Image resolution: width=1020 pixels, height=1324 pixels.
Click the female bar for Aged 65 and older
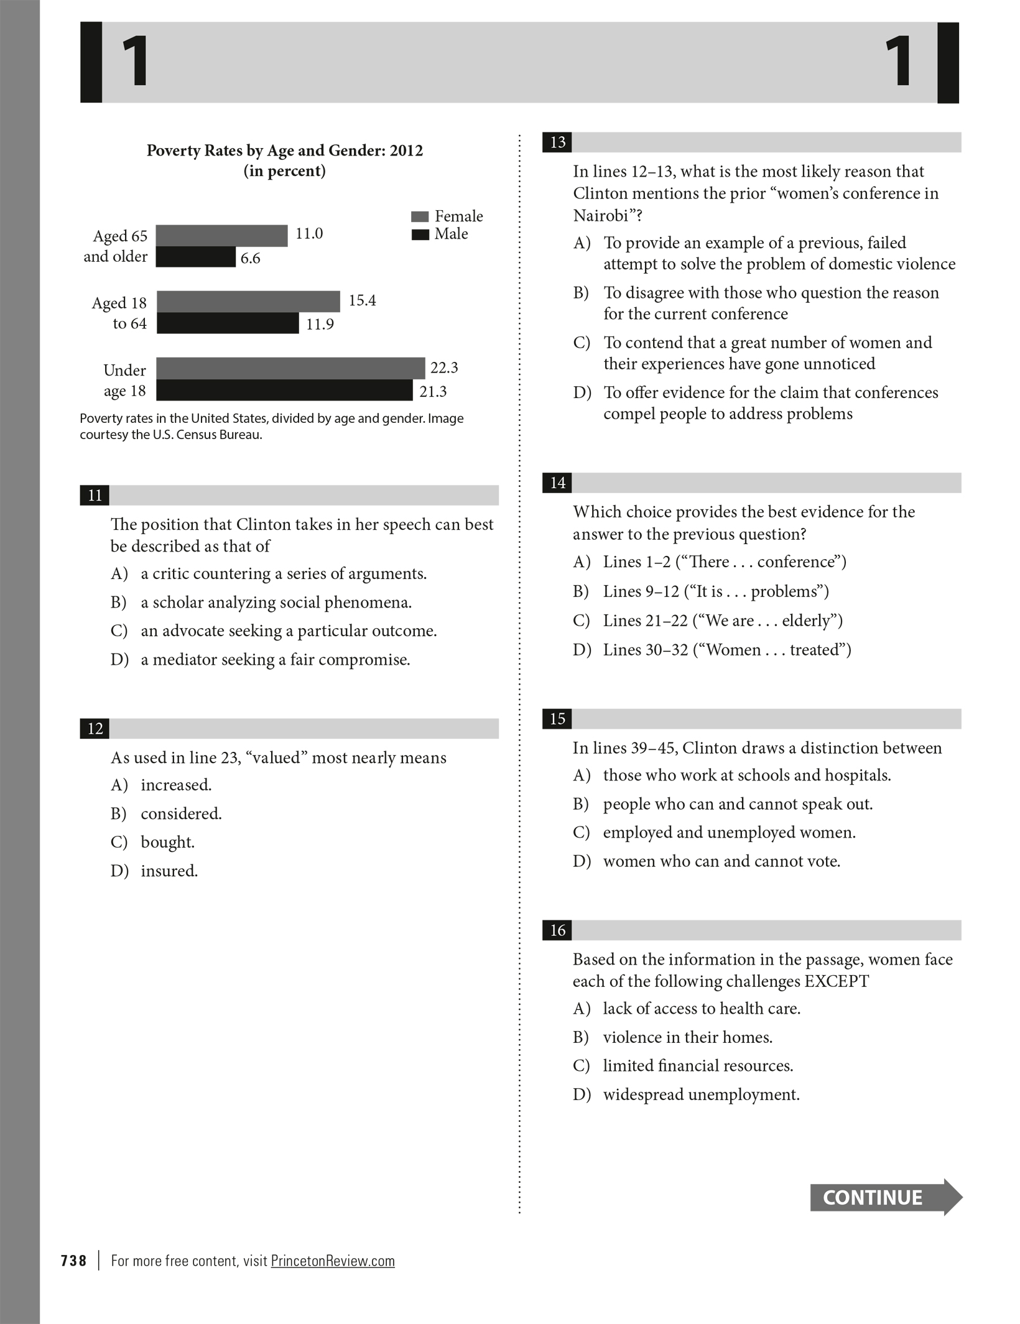221,236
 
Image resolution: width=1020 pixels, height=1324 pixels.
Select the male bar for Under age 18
284,391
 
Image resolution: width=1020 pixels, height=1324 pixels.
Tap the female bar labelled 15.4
248,302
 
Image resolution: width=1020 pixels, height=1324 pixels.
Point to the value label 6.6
250,259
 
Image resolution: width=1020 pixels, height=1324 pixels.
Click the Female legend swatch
420,216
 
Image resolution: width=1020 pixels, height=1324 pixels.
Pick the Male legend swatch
420,234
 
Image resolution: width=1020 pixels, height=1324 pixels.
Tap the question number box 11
95,495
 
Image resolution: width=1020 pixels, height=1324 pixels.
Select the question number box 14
557,483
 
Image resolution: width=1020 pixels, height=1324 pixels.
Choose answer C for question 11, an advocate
289,631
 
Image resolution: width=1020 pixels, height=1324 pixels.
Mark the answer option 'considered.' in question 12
181,813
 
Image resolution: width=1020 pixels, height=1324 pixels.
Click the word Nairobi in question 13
601,215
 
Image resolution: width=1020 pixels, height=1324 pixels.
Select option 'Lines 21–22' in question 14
722,620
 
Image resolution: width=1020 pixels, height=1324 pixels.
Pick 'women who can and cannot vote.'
721,861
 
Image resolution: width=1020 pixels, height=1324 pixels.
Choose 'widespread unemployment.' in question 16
701,1094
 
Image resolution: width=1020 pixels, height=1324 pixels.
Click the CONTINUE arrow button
885,1197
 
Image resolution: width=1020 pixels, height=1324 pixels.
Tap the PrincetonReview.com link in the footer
333,1261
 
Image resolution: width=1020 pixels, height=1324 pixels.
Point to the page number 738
73,1261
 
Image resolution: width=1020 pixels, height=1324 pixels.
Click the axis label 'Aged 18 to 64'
119,313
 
